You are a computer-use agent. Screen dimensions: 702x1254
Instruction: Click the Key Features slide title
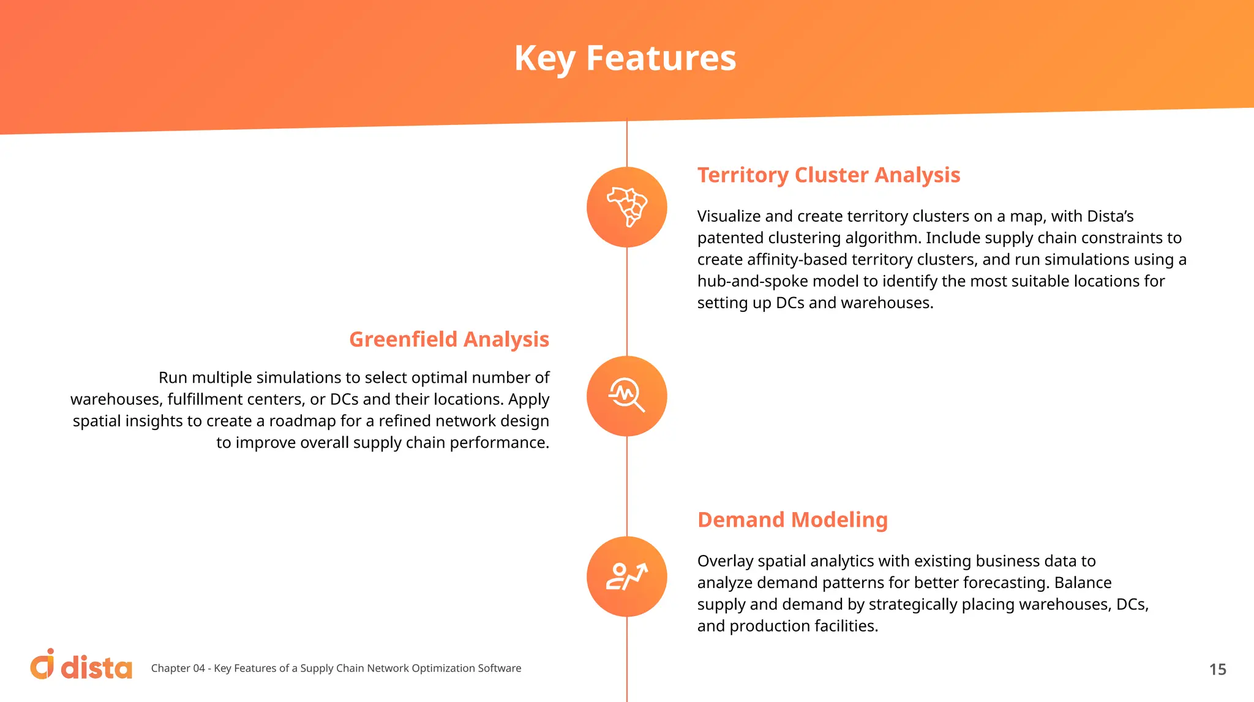(x=625, y=58)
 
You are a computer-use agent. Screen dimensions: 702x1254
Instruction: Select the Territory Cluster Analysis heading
(x=828, y=175)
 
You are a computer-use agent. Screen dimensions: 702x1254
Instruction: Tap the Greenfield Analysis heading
(x=449, y=339)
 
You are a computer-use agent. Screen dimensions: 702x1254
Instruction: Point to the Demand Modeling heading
(x=792, y=520)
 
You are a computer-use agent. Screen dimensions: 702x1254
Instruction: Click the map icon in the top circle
(x=627, y=207)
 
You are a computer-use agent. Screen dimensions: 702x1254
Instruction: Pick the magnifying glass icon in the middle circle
(x=627, y=396)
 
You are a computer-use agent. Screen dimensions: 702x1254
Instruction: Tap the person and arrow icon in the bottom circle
(x=627, y=576)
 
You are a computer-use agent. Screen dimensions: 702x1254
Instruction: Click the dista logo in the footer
(x=81, y=666)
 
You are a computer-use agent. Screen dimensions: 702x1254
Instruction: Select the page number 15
(x=1217, y=670)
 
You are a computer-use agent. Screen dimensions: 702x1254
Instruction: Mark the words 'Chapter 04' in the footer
(x=178, y=668)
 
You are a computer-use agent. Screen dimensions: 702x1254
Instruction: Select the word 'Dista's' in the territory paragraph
(x=1109, y=216)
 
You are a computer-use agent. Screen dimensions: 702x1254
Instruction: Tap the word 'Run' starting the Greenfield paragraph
(x=173, y=378)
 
